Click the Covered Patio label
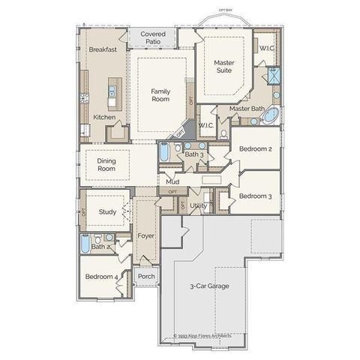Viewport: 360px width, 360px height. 153,38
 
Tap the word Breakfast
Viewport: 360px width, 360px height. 103,49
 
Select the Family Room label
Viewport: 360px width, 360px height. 160,94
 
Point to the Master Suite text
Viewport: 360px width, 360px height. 223,67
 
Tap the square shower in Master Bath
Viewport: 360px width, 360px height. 274,74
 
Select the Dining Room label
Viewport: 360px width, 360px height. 106,164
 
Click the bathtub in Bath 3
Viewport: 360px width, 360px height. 164,152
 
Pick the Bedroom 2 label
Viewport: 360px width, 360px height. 255,148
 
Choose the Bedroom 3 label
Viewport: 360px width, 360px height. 255,196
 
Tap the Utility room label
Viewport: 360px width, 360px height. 199,205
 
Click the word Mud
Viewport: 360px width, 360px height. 172,181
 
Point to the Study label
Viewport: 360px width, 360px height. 107,211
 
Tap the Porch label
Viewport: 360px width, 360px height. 146,276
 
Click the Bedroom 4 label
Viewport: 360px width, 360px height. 99,277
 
